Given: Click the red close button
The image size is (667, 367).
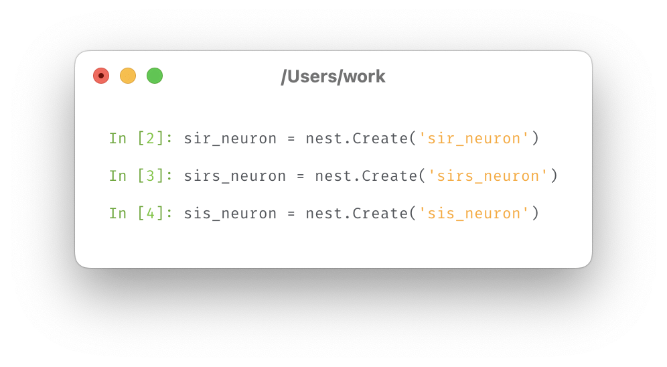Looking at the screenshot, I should tap(101, 76).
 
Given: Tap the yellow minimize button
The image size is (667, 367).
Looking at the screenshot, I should tap(128, 76).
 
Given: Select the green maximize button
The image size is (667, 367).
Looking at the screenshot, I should tap(155, 76).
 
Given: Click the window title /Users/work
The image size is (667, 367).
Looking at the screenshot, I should tap(333, 76).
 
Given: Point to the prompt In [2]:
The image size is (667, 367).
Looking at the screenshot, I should tap(141, 139).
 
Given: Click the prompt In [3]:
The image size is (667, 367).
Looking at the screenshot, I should tap(141, 176).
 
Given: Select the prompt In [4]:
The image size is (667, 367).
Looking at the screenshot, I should tap(141, 214).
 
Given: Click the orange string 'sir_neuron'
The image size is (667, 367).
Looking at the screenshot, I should tap(474, 139).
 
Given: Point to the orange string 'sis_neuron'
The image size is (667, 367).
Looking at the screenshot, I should tap(474, 214).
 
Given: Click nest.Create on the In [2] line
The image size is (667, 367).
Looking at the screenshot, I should tap(356, 139).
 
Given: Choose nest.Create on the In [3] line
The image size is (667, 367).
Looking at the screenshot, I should tap(366, 176).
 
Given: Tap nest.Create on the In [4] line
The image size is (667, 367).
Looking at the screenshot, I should tap(356, 214).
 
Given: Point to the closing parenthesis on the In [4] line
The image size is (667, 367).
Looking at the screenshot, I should tap(534, 214).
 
